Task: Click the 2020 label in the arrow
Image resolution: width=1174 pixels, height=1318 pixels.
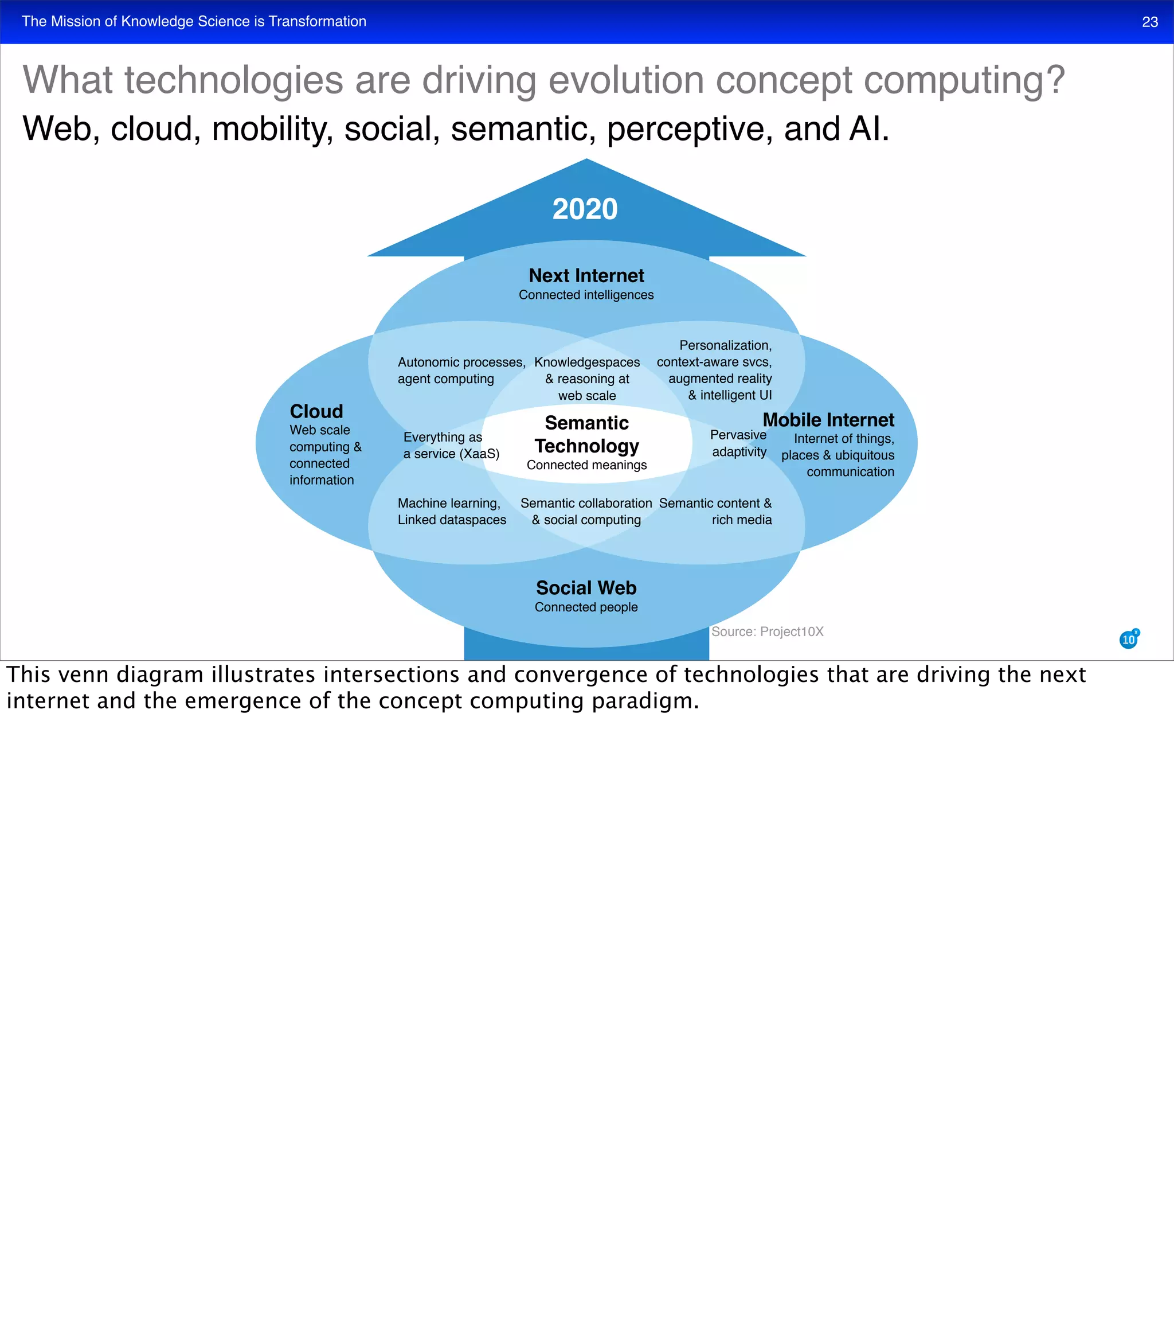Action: coord(585,209)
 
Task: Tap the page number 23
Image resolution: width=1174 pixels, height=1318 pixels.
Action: coord(1149,22)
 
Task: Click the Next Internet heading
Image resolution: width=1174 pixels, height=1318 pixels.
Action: coord(586,276)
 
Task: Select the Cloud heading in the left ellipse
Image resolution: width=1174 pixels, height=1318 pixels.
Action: coord(316,411)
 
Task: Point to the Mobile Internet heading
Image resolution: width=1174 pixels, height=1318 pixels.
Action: coord(828,420)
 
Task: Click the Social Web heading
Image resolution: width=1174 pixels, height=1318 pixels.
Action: coord(586,588)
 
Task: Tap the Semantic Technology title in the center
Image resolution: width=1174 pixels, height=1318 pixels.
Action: coord(586,434)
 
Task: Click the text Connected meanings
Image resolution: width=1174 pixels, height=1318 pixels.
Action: coord(586,465)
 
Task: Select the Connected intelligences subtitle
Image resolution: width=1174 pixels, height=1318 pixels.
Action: coord(586,295)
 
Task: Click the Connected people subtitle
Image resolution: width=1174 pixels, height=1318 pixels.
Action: coord(586,607)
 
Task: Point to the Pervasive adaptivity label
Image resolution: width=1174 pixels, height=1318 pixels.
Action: coord(738,443)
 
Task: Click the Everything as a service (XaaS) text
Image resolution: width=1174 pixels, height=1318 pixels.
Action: coord(451,446)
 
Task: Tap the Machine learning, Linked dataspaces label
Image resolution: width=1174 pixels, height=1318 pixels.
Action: coord(452,511)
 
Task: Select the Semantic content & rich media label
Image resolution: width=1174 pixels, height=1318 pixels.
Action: coord(715,511)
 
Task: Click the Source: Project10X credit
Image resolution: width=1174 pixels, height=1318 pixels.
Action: coord(767,632)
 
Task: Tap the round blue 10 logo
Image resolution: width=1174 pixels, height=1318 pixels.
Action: coord(1128,639)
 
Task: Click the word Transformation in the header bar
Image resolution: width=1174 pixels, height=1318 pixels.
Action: coord(317,22)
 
